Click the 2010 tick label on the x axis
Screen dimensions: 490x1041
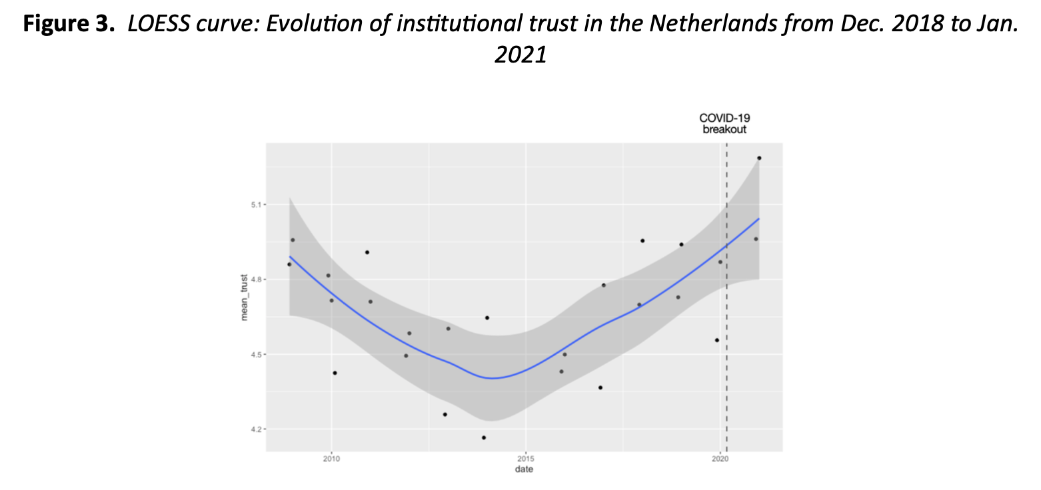coord(331,459)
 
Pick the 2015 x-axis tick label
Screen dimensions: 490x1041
coord(526,459)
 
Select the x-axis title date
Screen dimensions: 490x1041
coord(524,469)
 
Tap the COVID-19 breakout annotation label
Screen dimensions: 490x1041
coord(724,124)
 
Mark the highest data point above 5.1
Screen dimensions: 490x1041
coord(759,158)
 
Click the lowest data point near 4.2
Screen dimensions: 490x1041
coord(484,437)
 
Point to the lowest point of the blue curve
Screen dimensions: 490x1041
coord(493,378)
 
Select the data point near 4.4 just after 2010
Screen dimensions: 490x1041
coord(335,373)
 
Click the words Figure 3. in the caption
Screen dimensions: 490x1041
coord(67,25)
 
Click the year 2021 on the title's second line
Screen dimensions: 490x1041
coord(520,54)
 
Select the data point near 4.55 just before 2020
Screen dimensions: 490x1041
coord(717,340)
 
